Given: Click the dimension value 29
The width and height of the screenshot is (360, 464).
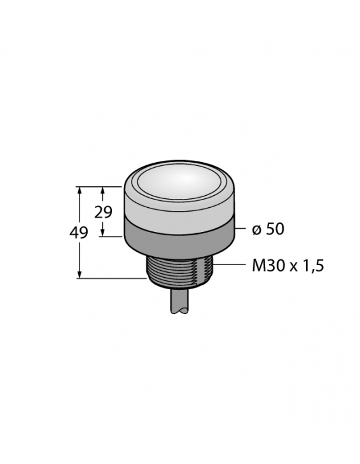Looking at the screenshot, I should pos(103,212).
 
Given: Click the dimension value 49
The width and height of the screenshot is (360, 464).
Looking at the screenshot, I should pos(79,233).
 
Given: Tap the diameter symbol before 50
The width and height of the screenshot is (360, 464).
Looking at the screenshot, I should pos(256,229).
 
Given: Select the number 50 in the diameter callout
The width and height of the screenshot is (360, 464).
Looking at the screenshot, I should pos(274,229).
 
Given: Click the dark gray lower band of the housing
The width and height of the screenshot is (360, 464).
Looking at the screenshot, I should pos(179,239).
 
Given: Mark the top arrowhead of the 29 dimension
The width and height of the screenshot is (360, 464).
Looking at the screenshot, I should pos(103,189).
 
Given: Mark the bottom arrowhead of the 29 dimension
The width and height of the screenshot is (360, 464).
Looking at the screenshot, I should pos(103,233).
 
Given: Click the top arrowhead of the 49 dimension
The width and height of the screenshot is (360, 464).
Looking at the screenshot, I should pos(80,189).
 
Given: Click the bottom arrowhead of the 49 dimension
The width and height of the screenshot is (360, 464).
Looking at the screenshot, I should pos(80,275).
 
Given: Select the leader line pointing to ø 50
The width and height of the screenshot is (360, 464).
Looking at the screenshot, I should pos(241,229).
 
